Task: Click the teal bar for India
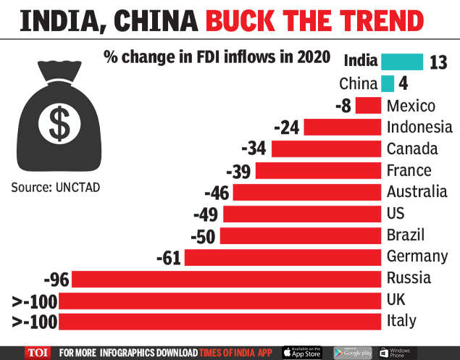402,62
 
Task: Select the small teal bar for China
388,83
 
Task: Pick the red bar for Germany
283,257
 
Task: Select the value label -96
56,279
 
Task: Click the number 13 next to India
438,62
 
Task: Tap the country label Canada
412,149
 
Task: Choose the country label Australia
417,193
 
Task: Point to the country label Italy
403,321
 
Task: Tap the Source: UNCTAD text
56,188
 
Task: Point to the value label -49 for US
206,214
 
